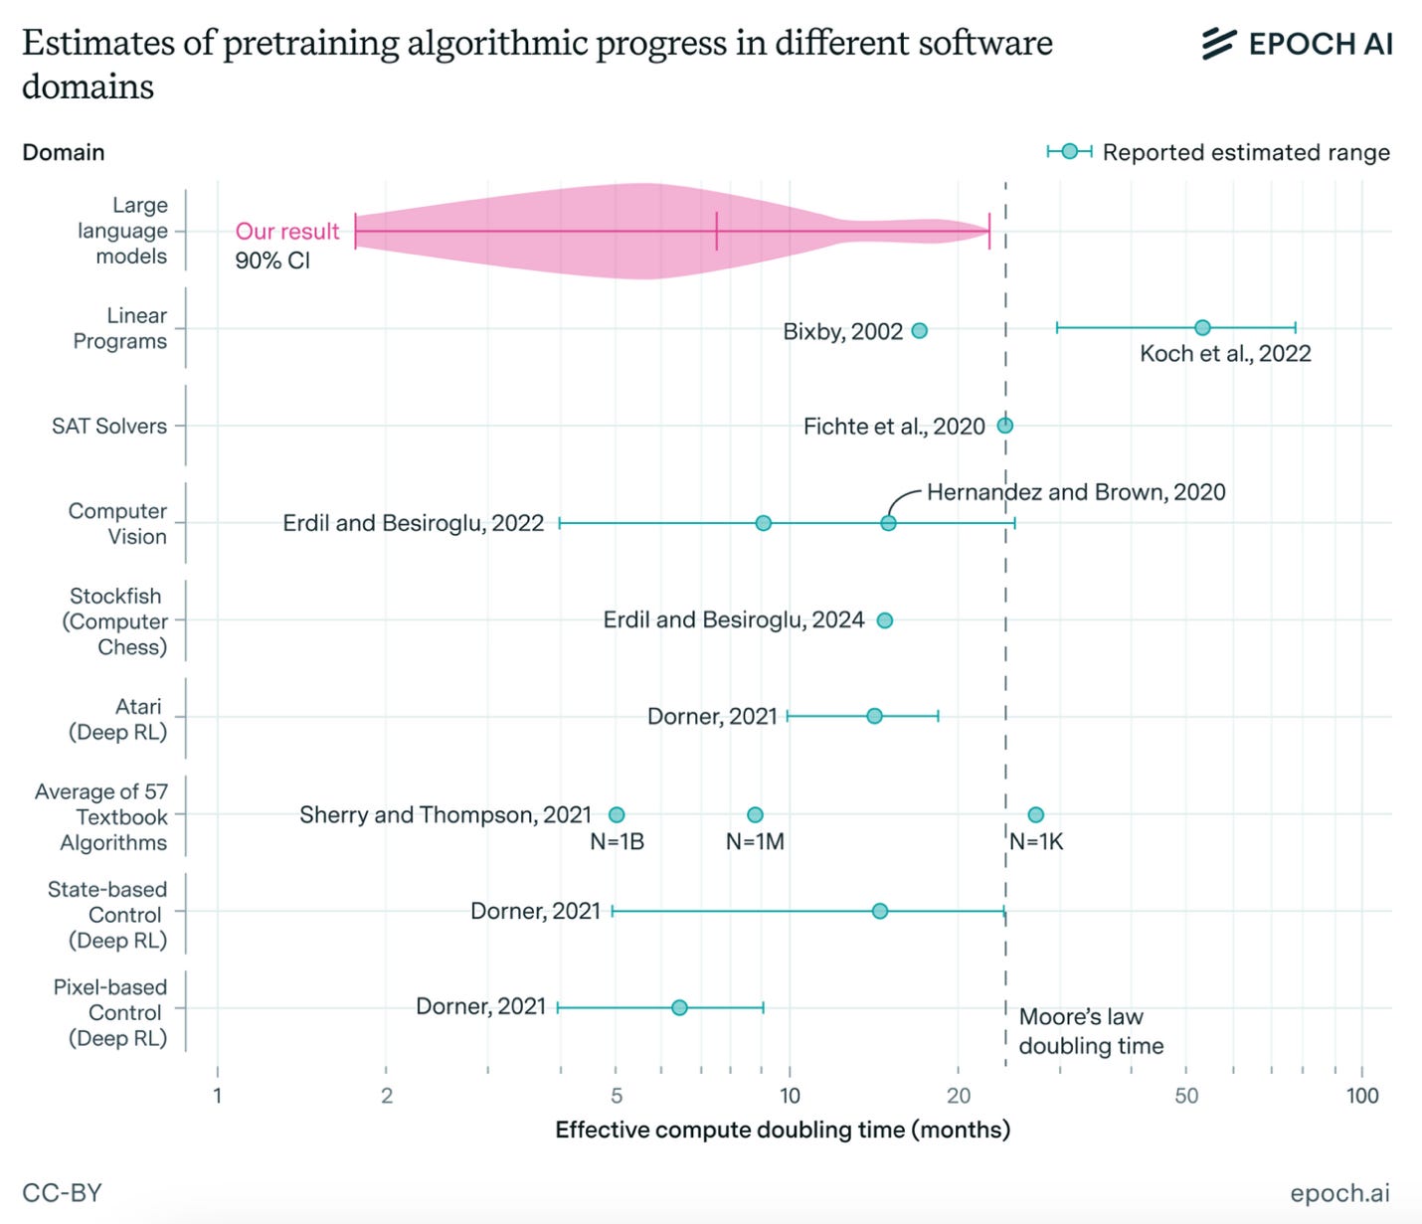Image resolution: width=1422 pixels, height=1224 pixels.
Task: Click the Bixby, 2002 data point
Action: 919,331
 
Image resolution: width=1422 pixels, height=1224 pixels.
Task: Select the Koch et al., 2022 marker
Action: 1202,327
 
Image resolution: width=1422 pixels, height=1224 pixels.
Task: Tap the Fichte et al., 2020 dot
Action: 1005,426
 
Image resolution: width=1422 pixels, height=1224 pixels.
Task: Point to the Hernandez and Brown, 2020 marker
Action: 888,523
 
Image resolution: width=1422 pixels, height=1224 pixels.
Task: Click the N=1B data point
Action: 617,814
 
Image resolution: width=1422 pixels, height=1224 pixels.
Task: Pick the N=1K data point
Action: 1035,814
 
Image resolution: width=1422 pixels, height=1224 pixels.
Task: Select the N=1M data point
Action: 755,814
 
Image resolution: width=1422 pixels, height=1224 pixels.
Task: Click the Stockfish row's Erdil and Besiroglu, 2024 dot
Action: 885,620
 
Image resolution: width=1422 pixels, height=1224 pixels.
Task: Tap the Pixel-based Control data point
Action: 679,1007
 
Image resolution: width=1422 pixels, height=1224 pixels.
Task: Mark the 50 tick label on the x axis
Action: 1186,1096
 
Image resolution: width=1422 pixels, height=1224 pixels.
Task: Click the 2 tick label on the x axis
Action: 387,1096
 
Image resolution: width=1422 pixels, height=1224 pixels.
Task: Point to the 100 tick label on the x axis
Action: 1362,1096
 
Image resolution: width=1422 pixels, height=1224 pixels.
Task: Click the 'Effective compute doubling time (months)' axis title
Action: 783,1130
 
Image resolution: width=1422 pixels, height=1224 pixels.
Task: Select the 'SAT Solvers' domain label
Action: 109,426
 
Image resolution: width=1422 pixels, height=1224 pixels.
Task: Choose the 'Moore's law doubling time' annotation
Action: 1091,1031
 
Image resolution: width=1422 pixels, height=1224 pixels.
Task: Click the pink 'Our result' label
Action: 287,231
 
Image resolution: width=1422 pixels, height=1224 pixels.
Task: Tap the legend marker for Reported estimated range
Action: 1069,151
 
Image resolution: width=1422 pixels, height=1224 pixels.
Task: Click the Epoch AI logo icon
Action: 1219,44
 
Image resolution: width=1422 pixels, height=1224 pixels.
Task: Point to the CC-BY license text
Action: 62,1192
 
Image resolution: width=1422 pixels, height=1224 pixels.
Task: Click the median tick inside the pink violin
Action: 716,231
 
